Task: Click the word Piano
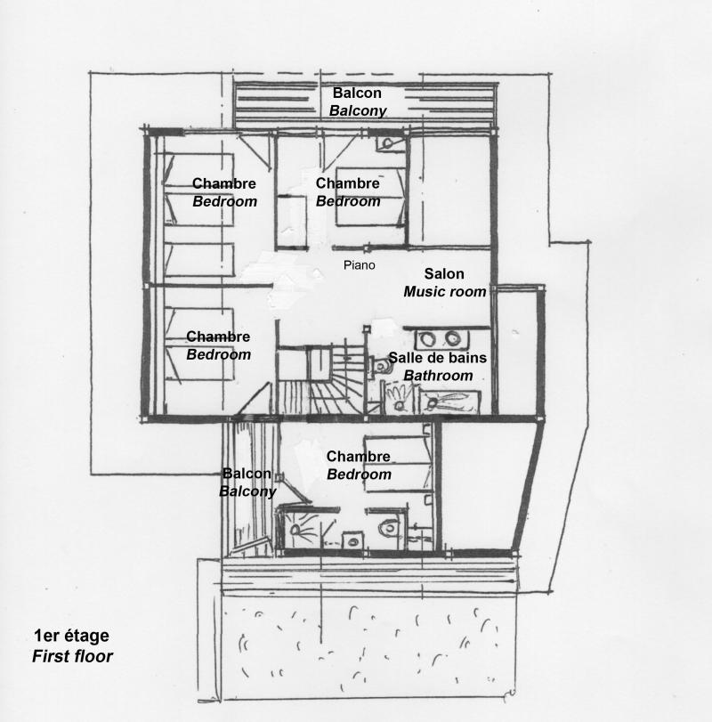click(360, 265)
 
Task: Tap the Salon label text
click(444, 274)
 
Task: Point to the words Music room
click(445, 292)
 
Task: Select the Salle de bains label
click(431, 359)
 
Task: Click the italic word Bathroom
click(438, 376)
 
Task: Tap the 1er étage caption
click(71, 636)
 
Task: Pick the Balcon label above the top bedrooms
click(357, 93)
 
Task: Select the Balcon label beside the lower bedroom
click(247, 474)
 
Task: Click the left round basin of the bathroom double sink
click(429, 338)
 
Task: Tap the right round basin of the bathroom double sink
click(454, 338)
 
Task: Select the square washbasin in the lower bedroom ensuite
click(352, 539)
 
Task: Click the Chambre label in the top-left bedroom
click(224, 184)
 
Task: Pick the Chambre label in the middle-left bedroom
click(218, 337)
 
